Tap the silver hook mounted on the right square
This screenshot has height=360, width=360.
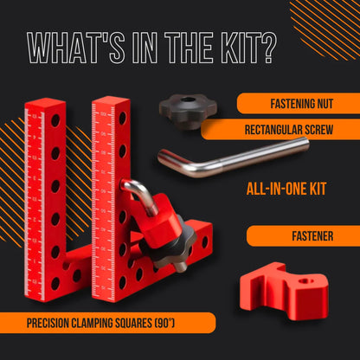138,198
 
